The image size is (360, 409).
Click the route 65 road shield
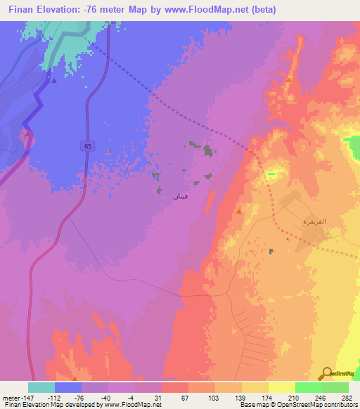(x=86, y=145)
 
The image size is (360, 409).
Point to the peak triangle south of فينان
(x=240, y=210)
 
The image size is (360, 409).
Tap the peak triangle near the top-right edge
(x=289, y=79)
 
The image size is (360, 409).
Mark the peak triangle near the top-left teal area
(x=54, y=79)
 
